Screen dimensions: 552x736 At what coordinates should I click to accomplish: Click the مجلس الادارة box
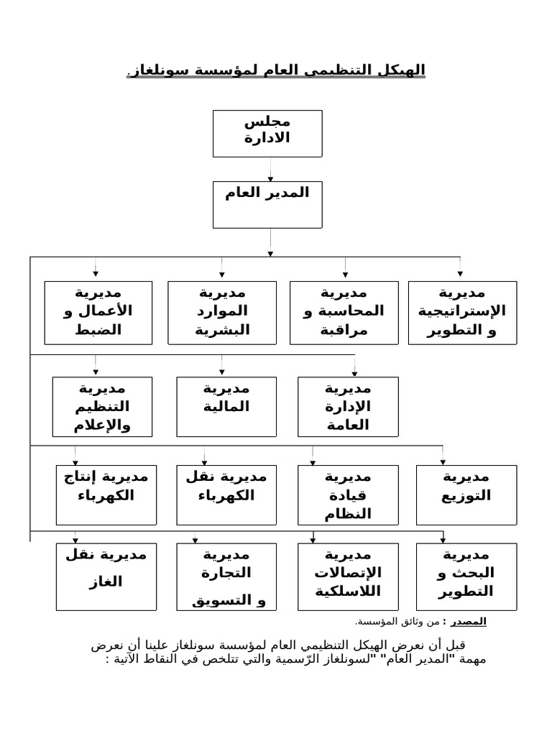coord(267,133)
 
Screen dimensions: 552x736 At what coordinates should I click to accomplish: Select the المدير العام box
coord(267,204)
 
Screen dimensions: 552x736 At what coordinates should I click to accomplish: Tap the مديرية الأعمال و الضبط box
coord(98,313)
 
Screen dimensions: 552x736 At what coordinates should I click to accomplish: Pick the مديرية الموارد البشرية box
coord(222,313)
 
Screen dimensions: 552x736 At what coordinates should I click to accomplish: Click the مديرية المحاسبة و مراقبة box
coord(344,313)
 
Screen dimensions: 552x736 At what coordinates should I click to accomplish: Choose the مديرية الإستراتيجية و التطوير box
coord(463,313)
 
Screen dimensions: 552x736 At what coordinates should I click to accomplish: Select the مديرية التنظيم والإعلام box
coord(102,407)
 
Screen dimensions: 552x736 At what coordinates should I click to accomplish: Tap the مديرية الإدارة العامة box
coord(348,407)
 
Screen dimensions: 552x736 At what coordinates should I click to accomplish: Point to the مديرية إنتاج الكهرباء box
coord(106,495)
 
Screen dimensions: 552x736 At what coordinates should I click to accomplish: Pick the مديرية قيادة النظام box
coord(348,495)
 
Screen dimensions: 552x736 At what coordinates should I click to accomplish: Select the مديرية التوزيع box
coord(466,495)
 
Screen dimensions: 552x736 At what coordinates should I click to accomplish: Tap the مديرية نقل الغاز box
coord(106,576)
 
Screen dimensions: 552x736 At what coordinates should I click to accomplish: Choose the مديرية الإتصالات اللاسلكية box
coord(348,576)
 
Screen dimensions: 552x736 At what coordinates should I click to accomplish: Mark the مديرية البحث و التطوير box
coord(466,576)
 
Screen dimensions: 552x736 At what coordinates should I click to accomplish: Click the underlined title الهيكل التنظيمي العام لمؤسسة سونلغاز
coord(276,70)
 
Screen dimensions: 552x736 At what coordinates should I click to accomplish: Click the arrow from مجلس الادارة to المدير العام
coord(270,169)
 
